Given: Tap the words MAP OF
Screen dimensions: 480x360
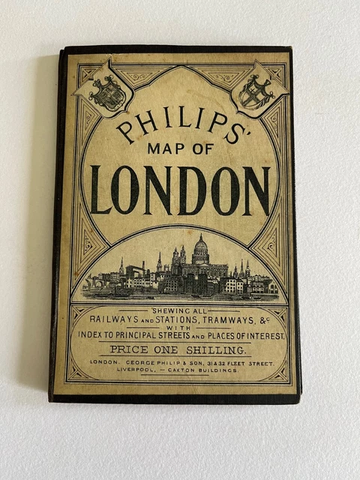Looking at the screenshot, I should (179, 148).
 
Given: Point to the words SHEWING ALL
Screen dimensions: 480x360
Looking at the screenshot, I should (180, 310).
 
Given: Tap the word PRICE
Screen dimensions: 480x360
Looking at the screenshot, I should (128, 349).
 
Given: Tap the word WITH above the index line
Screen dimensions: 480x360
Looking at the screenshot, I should (180, 327).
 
